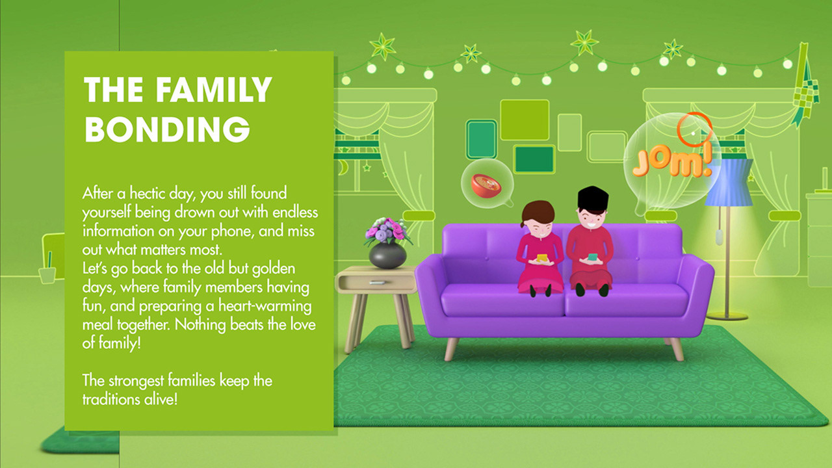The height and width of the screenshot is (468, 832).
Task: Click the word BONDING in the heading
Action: [x=167, y=129]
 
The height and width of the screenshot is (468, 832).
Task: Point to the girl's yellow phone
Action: [x=542, y=257]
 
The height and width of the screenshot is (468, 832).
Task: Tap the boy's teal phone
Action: [x=592, y=257]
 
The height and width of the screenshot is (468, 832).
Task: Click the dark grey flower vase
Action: [x=387, y=255]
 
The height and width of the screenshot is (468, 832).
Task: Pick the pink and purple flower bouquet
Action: [x=386, y=230]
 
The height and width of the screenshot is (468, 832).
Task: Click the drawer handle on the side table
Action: [x=377, y=283]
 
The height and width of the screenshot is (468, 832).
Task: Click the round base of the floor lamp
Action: [x=727, y=316]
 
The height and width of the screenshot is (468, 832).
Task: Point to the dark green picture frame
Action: [x=534, y=159]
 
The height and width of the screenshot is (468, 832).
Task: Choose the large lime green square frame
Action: [x=525, y=120]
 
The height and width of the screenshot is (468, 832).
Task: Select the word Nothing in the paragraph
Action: [x=200, y=324]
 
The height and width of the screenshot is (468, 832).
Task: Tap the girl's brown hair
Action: [x=538, y=212]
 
